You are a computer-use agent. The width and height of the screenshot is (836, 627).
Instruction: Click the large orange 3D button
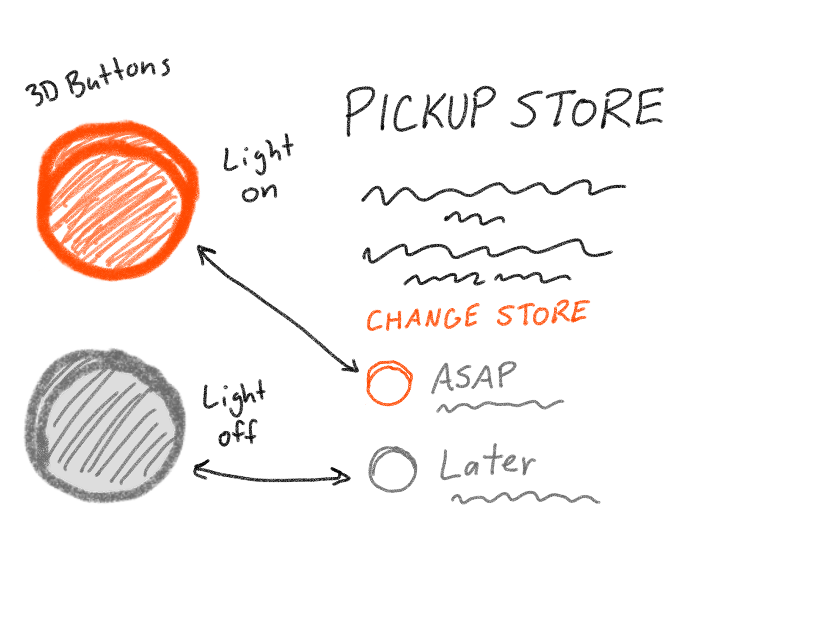(118, 200)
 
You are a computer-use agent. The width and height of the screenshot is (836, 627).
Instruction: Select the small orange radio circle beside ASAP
(389, 383)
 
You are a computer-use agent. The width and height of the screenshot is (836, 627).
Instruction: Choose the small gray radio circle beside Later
(392, 469)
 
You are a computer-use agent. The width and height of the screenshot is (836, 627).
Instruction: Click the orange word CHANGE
(422, 318)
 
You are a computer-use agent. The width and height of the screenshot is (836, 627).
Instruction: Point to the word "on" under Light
(260, 192)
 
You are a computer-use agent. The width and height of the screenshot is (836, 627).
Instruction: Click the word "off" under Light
(238, 433)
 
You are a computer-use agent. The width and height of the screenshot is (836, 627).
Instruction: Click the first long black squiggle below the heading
(492, 192)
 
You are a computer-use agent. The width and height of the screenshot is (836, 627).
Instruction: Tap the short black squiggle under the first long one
(475, 219)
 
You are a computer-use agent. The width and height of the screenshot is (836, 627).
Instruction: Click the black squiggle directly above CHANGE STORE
(486, 279)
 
